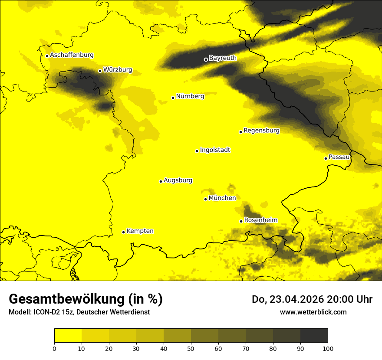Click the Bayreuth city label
223,58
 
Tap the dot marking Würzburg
100,71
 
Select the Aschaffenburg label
72,55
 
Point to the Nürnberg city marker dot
173,98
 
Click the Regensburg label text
261,131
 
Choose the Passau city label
339,157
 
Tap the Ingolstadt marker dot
197,151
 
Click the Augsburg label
178,180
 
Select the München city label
222,198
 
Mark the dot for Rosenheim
241,221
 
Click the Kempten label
140,231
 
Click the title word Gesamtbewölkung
67,299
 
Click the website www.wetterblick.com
313,312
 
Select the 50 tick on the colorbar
191,348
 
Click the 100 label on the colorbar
328,348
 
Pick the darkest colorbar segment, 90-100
314,336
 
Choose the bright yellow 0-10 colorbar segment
68,336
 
